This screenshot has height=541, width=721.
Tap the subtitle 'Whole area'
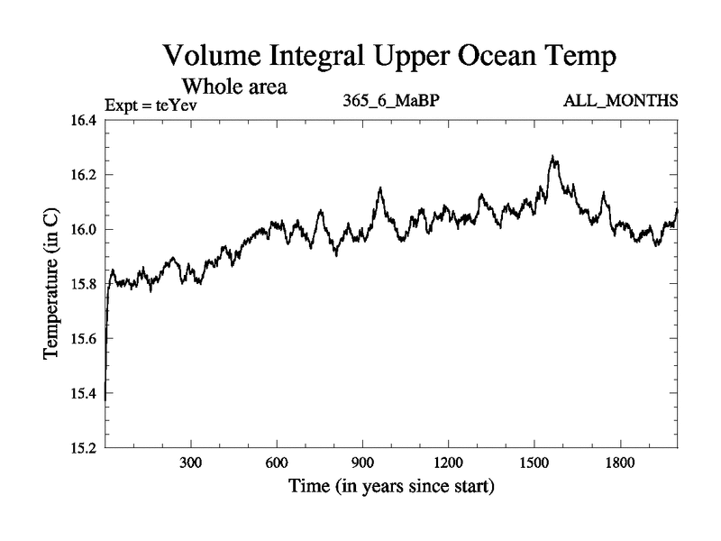pos(235,87)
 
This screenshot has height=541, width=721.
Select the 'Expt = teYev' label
pos(151,105)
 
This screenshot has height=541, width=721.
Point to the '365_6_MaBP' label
pos(390,101)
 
